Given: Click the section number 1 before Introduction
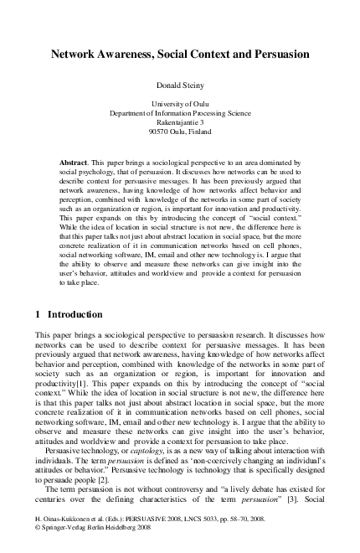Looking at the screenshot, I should tap(39, 315).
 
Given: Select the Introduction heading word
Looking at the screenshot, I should tap(75, 315).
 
